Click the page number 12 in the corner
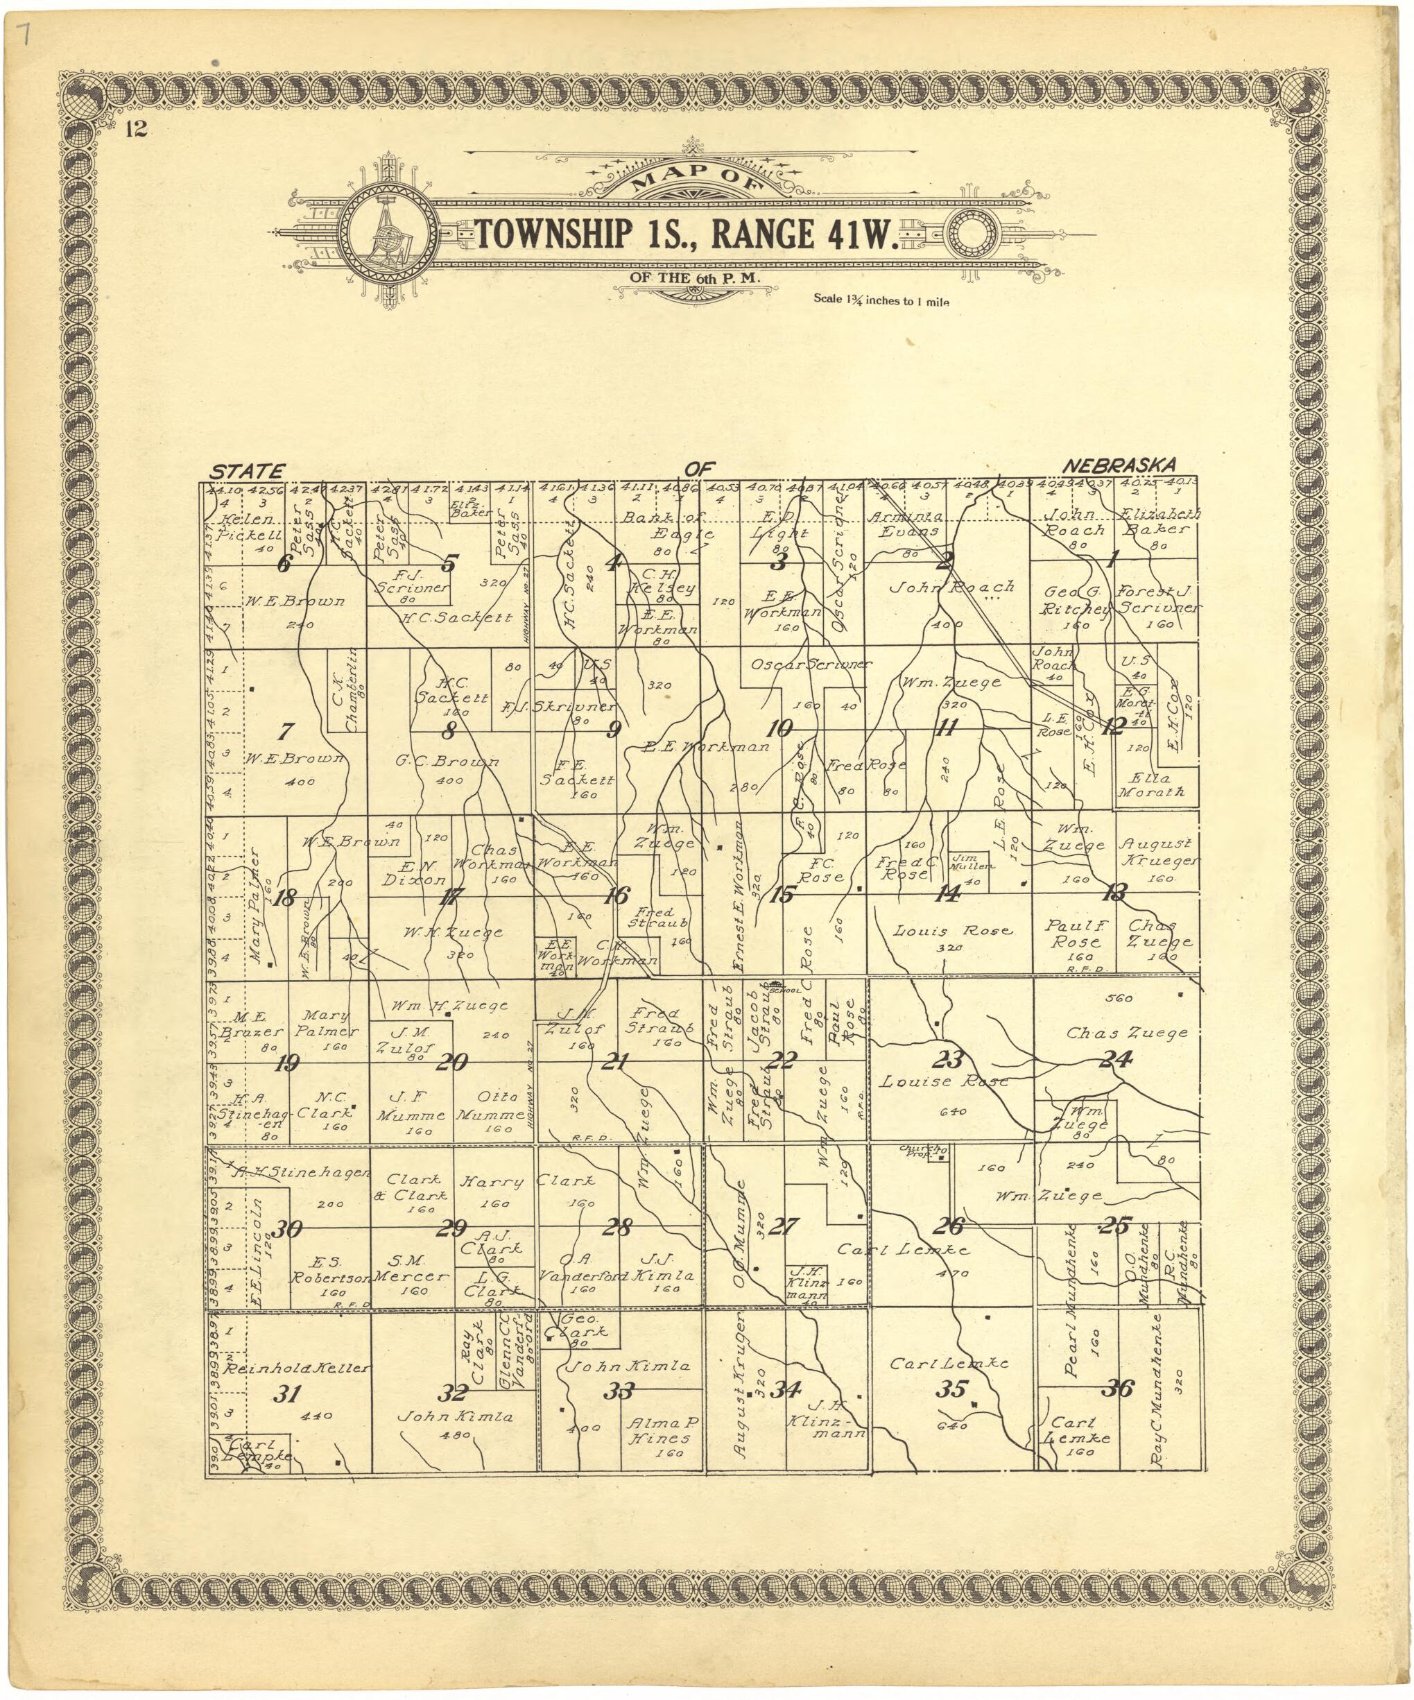136,129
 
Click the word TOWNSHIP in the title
554,234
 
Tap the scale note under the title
881,300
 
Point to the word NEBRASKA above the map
1119,466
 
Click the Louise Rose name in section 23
944,1081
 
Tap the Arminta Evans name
905,524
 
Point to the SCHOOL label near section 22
786,989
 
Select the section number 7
285,732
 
